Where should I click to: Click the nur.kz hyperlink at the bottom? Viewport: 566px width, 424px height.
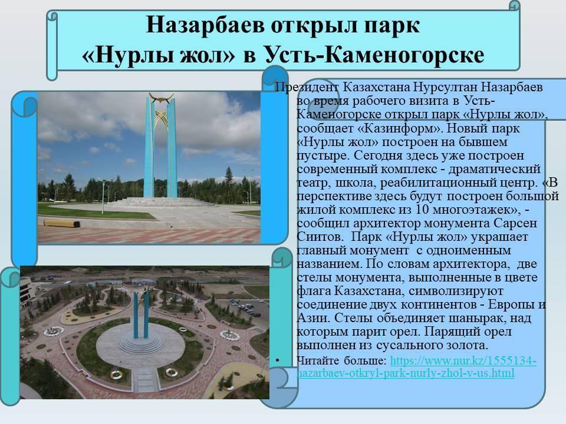(416, 366)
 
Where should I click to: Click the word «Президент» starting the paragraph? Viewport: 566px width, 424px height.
(307, 87)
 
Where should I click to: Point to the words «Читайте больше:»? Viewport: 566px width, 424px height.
(341, 360)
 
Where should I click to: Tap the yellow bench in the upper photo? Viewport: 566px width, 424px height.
(62, 223)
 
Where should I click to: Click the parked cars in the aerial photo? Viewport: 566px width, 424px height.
(246, 307)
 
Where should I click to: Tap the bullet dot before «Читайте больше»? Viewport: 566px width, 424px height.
(277, 360)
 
